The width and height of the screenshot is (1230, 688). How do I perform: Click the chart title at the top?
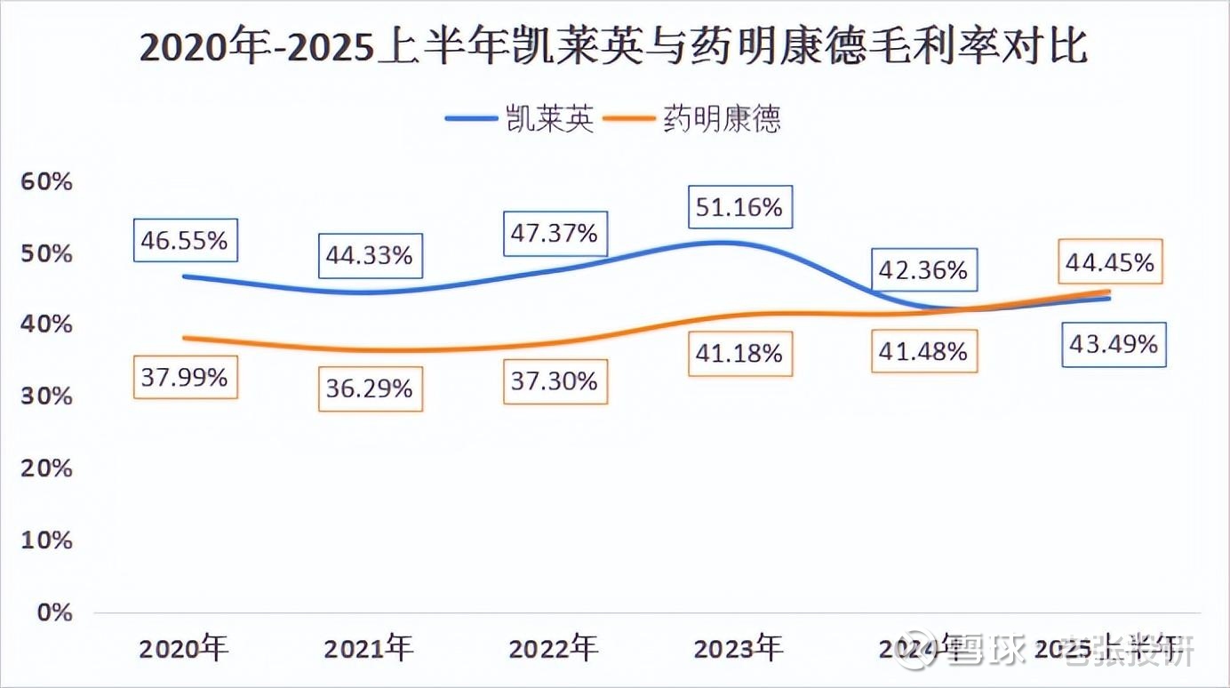614,46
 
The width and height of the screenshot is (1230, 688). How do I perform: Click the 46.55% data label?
185,240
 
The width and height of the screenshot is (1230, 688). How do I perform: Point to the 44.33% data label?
370,256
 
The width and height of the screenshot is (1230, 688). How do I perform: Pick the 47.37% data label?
555,234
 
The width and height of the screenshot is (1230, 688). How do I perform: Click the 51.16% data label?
739,208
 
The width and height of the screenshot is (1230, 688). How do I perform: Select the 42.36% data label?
924,270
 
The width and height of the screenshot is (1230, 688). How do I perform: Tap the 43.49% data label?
1114,344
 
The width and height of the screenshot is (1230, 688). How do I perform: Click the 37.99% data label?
185,377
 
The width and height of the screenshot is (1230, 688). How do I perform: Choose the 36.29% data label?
370,388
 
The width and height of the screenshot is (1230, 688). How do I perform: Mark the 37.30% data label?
555,381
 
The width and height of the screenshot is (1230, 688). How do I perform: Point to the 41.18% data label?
739,353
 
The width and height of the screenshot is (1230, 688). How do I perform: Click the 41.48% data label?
924,351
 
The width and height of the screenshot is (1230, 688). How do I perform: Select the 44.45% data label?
1110,262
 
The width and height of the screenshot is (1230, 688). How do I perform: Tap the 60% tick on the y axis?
46,182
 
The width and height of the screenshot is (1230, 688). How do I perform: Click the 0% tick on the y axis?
53,612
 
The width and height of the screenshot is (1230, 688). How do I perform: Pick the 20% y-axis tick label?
46,468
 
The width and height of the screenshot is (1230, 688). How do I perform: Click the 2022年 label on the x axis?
553,648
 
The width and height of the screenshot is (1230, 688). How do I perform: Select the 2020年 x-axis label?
183,648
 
